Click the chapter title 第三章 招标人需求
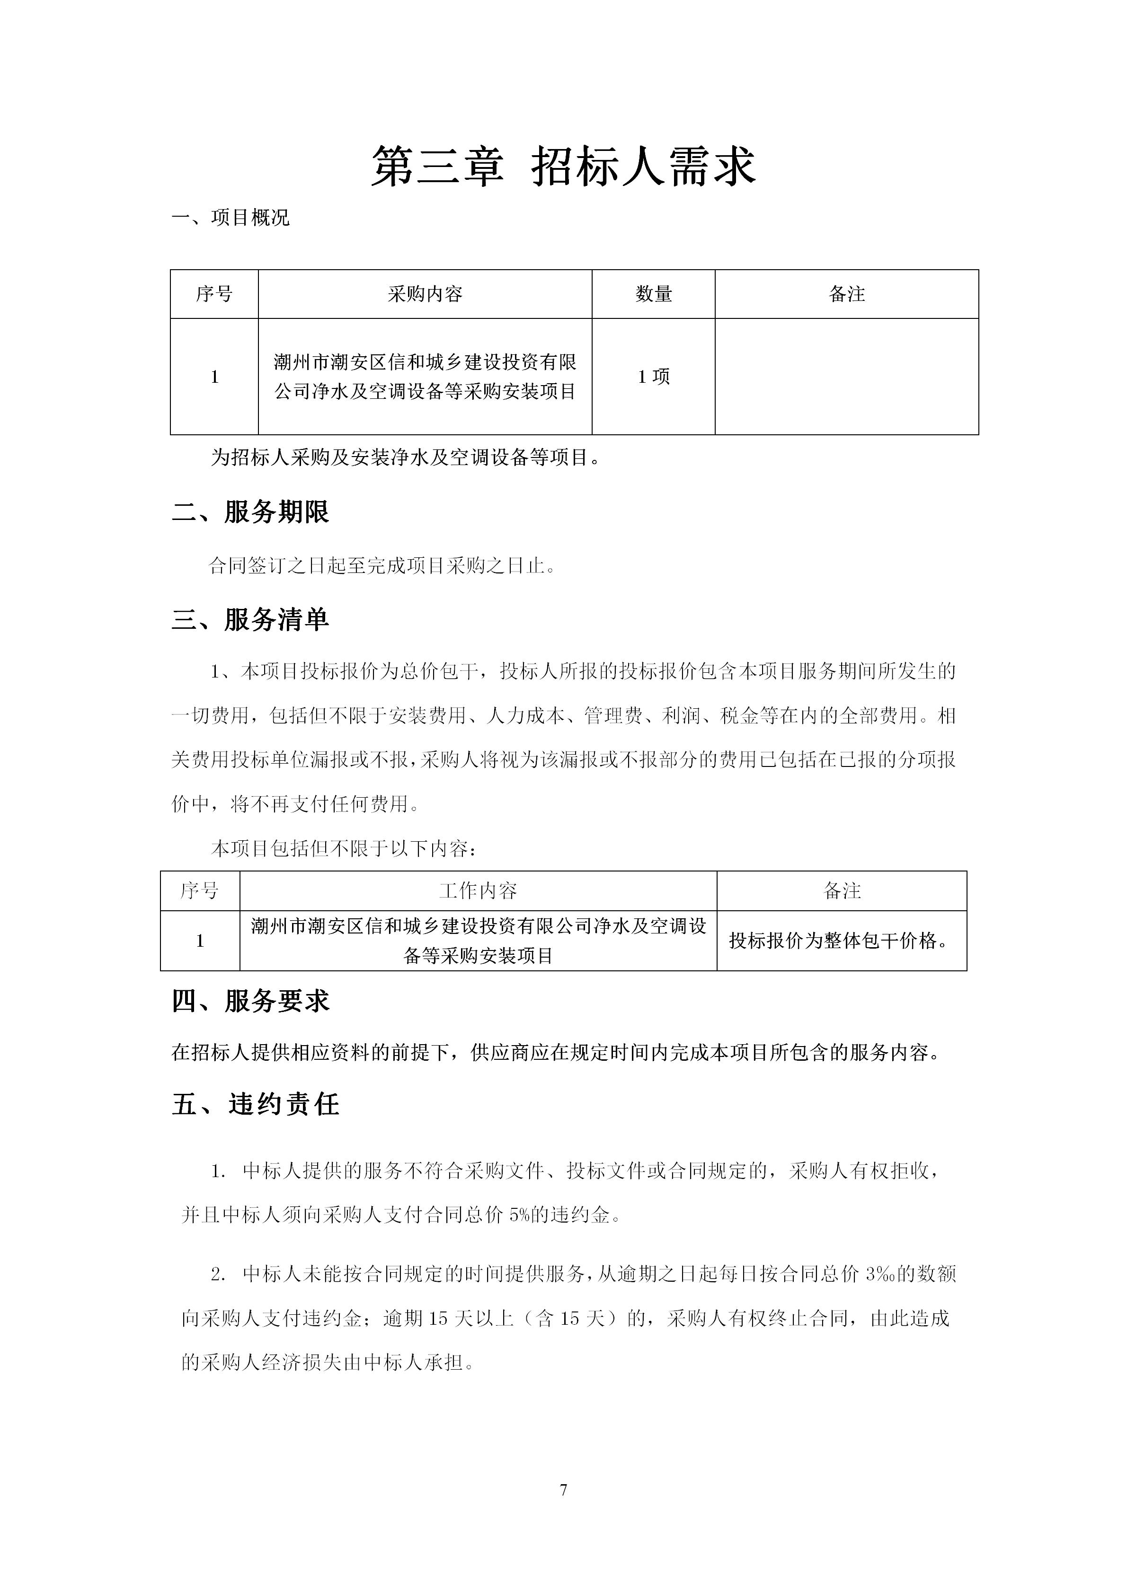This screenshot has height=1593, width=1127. pos(563,167)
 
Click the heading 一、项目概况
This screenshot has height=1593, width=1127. pos(231,218)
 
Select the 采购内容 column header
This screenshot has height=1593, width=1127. pos(425,294)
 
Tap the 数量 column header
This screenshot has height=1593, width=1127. pos(653,294)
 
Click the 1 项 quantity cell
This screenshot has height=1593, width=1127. pos(653,377)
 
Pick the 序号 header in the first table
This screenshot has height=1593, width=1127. pos(214,294)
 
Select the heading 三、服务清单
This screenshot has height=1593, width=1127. pos(250,620)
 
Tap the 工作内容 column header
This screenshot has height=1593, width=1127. pos(478,891)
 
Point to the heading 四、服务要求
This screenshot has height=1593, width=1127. pos(250,1001)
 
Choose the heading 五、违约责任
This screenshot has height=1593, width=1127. pos(256,1104)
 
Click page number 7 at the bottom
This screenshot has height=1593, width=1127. pos(563,1489)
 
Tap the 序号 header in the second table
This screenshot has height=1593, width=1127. pos(200,891)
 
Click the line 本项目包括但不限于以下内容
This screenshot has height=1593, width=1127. pos(344,848)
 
